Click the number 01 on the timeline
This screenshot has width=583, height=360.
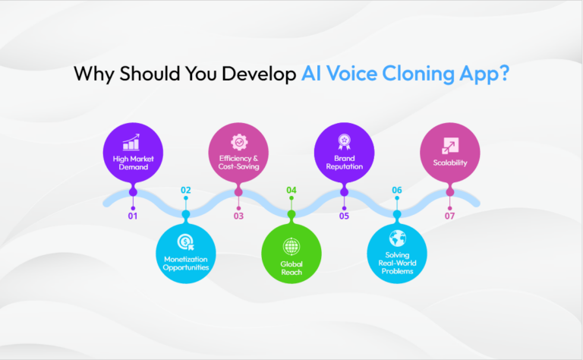point(133,216)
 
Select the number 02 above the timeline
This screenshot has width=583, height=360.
point(186,190)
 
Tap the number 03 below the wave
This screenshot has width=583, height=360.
point(238,216)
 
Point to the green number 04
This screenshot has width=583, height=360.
point(291,190)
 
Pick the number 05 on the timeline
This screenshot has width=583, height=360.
point(344,216)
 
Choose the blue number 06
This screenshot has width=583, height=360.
point(397,190)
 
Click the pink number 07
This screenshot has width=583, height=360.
point(450,216)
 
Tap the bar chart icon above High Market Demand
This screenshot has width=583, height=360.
point(133,142)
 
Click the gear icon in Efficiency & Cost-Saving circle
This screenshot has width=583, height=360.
point(238,141)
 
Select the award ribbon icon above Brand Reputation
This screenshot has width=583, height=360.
point(344,141)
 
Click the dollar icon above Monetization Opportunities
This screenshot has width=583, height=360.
point(186,242)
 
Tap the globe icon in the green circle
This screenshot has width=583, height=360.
point(291,248)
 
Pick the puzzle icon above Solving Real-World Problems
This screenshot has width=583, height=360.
point(397,238)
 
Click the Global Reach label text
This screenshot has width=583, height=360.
point(291,267)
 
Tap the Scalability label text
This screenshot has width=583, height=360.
point(450,162)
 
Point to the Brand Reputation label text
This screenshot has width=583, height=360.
point(344,163)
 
